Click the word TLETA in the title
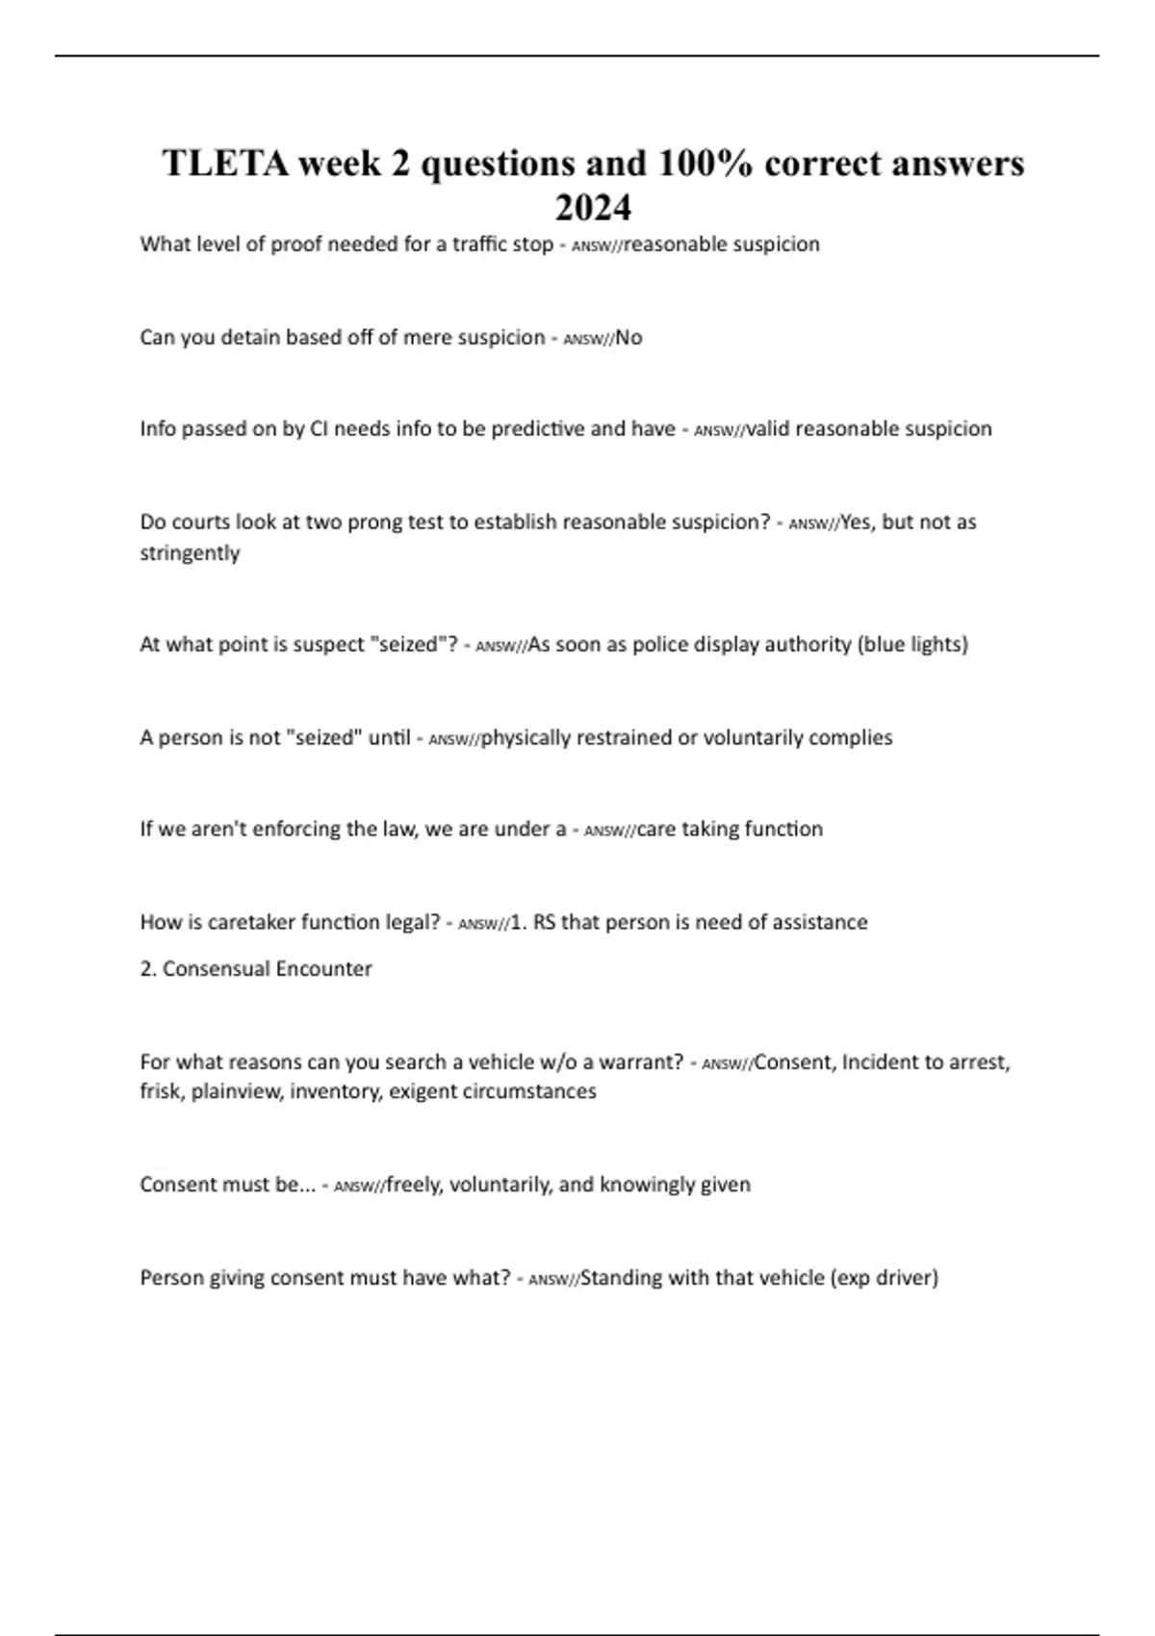[x=224, y=164]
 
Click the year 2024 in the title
[x=593, y=208]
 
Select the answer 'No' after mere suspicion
[x=629, y=338]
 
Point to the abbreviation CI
[x=319, y=429]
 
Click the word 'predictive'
[x=537, y=429]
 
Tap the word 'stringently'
[x=190, y=553]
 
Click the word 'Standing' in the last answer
[x=621, y=1278]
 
